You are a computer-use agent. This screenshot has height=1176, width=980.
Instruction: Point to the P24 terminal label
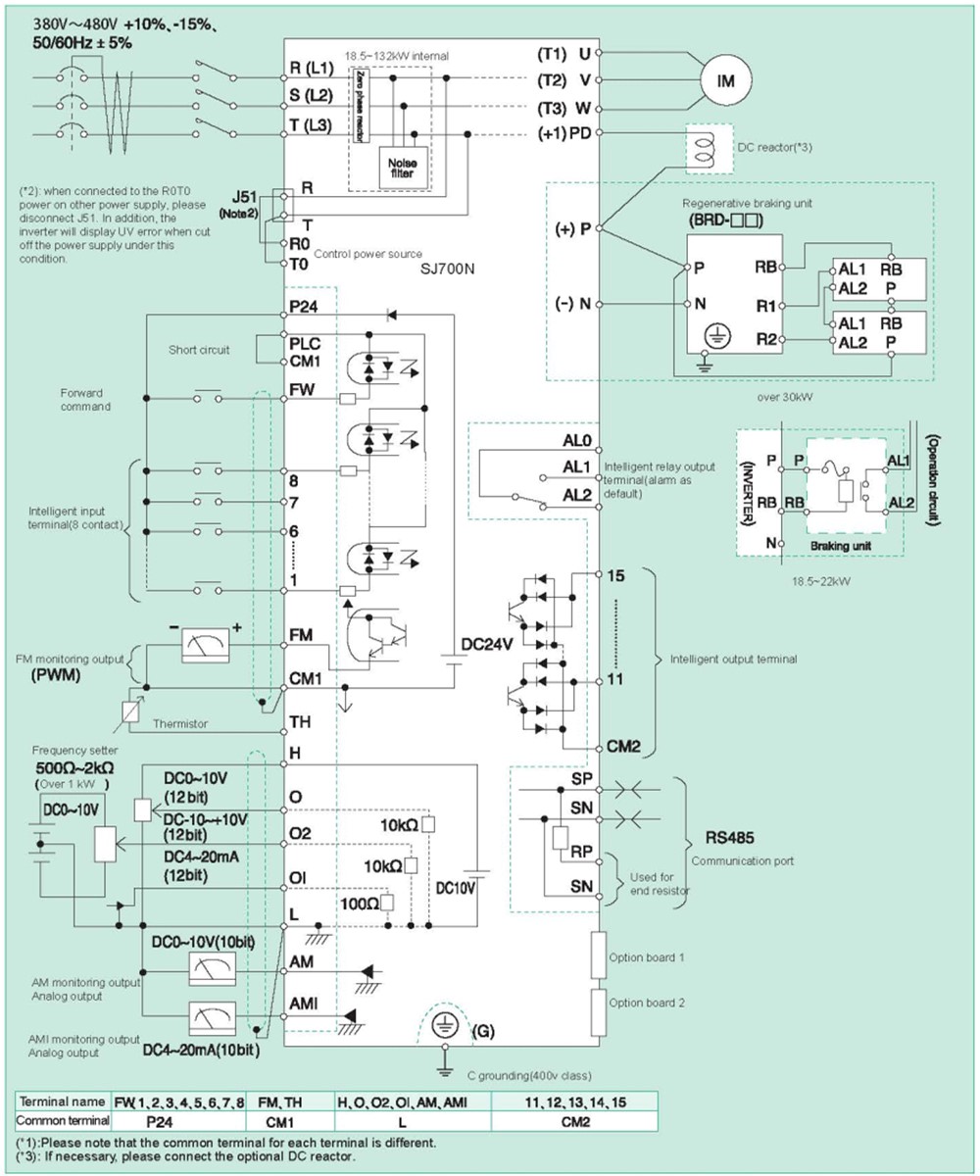(x=302, y=307)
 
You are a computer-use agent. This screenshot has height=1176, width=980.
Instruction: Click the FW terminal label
(x=300, y=390)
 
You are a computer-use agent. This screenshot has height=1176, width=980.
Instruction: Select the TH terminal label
(x=300, y=721)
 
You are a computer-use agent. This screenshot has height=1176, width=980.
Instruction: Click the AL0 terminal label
(x=576, y=441)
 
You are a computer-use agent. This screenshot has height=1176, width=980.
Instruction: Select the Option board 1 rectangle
(x=597, y=955)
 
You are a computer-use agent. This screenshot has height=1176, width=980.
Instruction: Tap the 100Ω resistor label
(x=355, y=900)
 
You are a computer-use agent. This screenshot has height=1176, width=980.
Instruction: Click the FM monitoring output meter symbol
(x=206, y=642)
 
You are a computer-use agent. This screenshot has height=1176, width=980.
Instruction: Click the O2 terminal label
(x=300, y=832)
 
